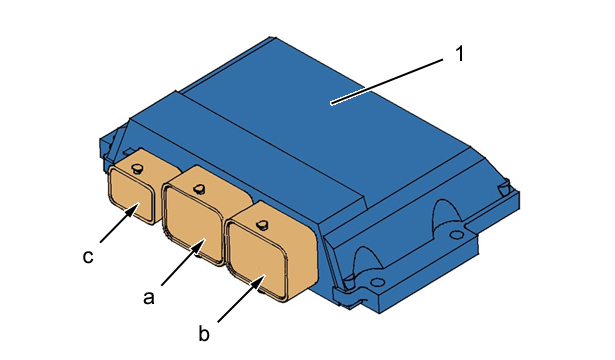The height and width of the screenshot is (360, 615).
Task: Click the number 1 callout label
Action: pyautogui.click(x=460, y=54)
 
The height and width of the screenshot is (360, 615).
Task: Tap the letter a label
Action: pyautogui.click(x=149, y=297)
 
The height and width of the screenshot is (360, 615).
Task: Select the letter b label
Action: pyautogui.click(x=204, y=334)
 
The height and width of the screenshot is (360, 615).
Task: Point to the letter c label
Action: pyautogui.click(x=88, y=256)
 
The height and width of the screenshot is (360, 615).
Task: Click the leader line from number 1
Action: pyautogui.click(x=387, y=81)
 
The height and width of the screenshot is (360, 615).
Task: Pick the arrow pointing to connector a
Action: pyautogui.click(x=184, y=262)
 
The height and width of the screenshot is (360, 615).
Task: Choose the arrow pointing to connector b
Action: pyautogui.click(x=242, y=298)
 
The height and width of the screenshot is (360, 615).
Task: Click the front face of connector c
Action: pyautogui.click(x=131, y=193)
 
